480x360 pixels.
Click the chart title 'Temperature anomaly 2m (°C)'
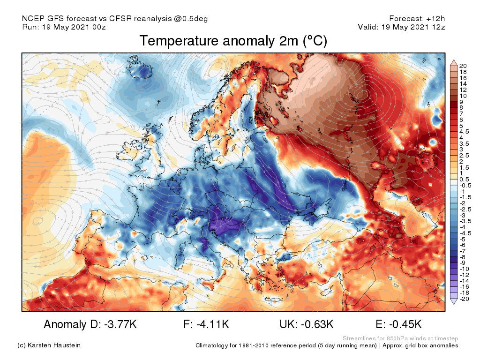(233, 41)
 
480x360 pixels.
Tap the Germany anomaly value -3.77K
(120, 324)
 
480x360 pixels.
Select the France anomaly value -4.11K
(211, 324)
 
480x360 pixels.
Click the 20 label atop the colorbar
(463, 65)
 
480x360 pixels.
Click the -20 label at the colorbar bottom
(464, 299)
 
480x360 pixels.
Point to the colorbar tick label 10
(463, 96)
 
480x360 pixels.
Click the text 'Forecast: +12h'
(417, 19)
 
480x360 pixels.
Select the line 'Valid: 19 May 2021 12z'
(401, 27)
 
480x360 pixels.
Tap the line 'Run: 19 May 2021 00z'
(64, 27)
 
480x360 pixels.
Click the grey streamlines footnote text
(400, 338)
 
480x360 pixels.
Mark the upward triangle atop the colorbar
(453, 62)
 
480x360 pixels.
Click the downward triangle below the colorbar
(453, 302)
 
